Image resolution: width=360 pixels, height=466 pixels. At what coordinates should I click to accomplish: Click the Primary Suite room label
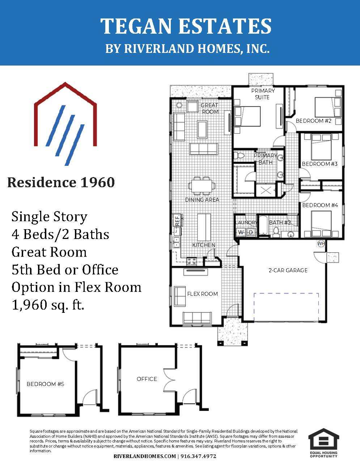click(263, 94)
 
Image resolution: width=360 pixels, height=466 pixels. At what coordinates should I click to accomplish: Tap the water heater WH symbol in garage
click(321, 244)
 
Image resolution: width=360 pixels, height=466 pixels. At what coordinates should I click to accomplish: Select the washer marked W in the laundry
click(241, 232)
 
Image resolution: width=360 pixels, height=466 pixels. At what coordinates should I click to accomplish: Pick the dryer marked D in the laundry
click(250, 232)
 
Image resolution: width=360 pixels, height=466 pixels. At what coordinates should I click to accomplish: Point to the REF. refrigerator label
click(177, 220)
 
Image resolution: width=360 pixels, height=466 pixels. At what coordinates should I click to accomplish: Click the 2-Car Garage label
click(288, 270)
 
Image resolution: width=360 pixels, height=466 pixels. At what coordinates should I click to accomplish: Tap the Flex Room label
click(203, 294)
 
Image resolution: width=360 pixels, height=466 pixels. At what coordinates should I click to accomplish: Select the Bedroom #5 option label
click(46, 384)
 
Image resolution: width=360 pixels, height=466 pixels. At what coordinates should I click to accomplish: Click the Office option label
click(147, 379)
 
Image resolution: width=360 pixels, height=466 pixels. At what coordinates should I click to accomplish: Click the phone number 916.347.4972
click(198, 456)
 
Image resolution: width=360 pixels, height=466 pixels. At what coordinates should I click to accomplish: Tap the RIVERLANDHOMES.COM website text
click(145, 456)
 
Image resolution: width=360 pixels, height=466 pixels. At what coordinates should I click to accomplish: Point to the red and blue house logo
click(65, 124)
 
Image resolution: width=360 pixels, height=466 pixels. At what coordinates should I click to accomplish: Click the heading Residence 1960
click(61, 182)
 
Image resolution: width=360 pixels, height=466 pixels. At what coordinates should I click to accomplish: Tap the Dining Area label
click(202, 200)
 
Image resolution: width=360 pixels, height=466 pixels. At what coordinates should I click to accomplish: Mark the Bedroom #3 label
click(320, 164)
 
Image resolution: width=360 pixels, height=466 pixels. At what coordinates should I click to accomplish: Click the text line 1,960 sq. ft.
click(48, 305)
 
